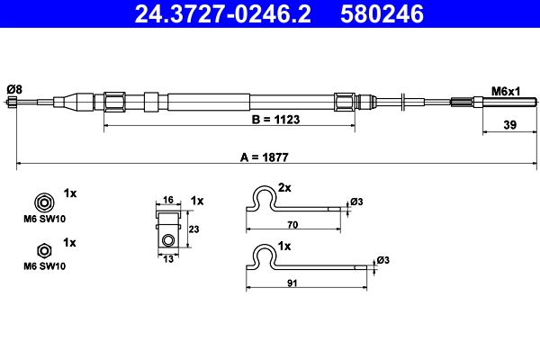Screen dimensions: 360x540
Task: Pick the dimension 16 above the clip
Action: (x=167, y=200)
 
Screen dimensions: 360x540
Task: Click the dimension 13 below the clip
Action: (x=167, y=259)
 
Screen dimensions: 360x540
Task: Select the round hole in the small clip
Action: (x=167, y=240)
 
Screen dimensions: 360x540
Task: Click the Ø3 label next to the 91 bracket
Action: (x=382, y=260)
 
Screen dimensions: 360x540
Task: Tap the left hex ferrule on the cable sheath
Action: (x=115, y=101)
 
